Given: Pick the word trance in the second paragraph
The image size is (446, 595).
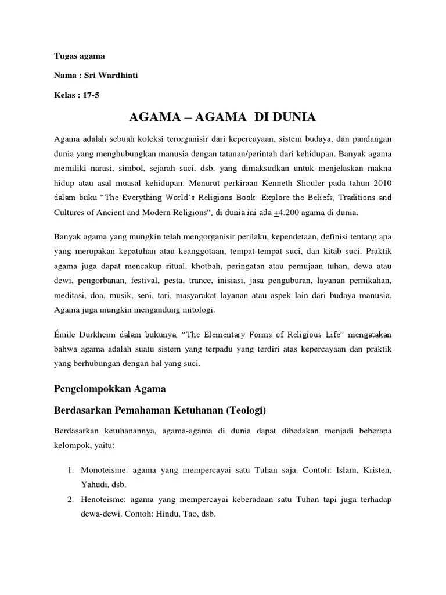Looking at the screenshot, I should click(222, 281).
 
